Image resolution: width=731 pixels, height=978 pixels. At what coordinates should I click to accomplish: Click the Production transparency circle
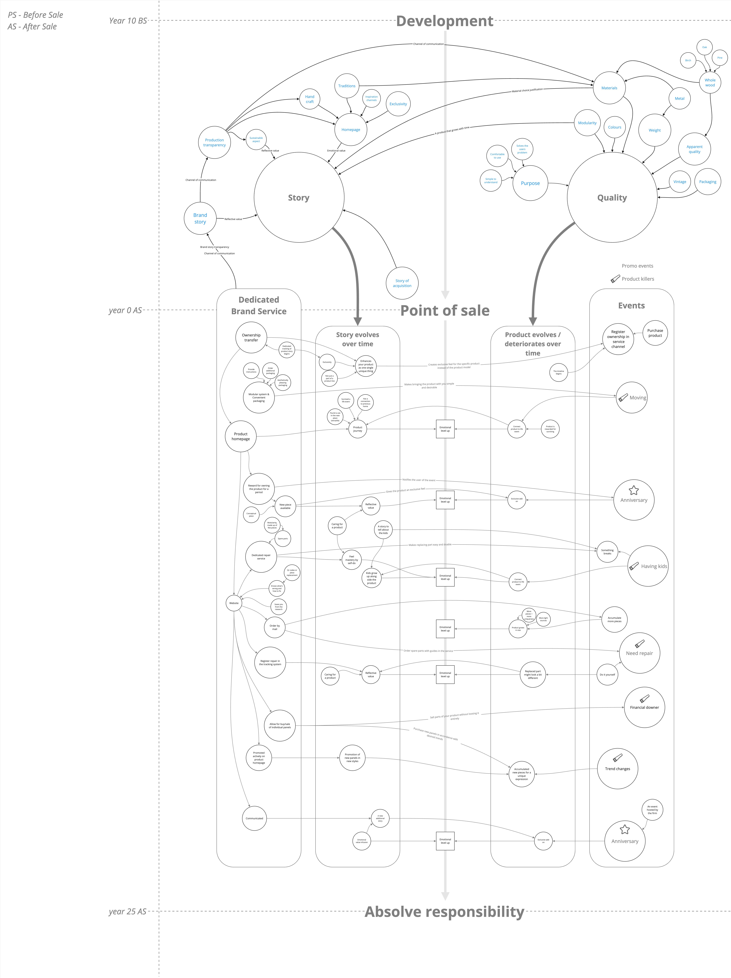pos(214,142)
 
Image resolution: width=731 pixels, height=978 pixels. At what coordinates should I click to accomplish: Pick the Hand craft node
pos(310,99)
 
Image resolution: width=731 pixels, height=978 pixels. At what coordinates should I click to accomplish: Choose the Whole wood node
pos(710,83)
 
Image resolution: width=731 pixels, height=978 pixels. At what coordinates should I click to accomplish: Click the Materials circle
pos(609,88)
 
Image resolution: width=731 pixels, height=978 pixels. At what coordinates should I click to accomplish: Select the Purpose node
pos(530,183)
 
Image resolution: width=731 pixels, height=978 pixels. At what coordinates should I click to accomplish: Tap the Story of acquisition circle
pos(402,283)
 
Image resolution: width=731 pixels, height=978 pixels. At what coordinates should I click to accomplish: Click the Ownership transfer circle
pos(251,337)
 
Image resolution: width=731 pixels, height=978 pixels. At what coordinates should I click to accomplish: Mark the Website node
pos(234,603)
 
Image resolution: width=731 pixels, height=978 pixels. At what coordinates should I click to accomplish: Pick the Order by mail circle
pos(275,627)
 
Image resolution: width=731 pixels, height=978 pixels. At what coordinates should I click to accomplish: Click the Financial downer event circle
pos(644,707)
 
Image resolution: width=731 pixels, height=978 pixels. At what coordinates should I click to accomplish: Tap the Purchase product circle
pos(655,333)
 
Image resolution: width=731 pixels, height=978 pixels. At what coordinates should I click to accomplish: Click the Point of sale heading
pos(445,310)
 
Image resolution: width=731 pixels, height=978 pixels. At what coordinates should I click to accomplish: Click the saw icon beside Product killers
pos(615,279)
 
